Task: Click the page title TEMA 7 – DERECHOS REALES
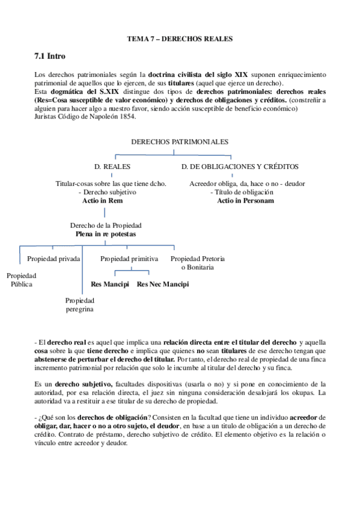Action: (179, 38)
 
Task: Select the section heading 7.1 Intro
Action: (50, 56)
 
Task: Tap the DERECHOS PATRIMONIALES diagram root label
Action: (180, 141)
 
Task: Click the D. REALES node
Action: (112, 166)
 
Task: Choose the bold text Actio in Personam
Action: (245, 200)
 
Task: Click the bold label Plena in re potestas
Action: (106, 233)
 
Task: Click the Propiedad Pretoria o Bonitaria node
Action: (198, 263)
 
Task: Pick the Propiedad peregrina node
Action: (80, 305)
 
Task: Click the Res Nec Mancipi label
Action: (162, 284)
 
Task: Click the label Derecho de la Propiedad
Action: (106, 225)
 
